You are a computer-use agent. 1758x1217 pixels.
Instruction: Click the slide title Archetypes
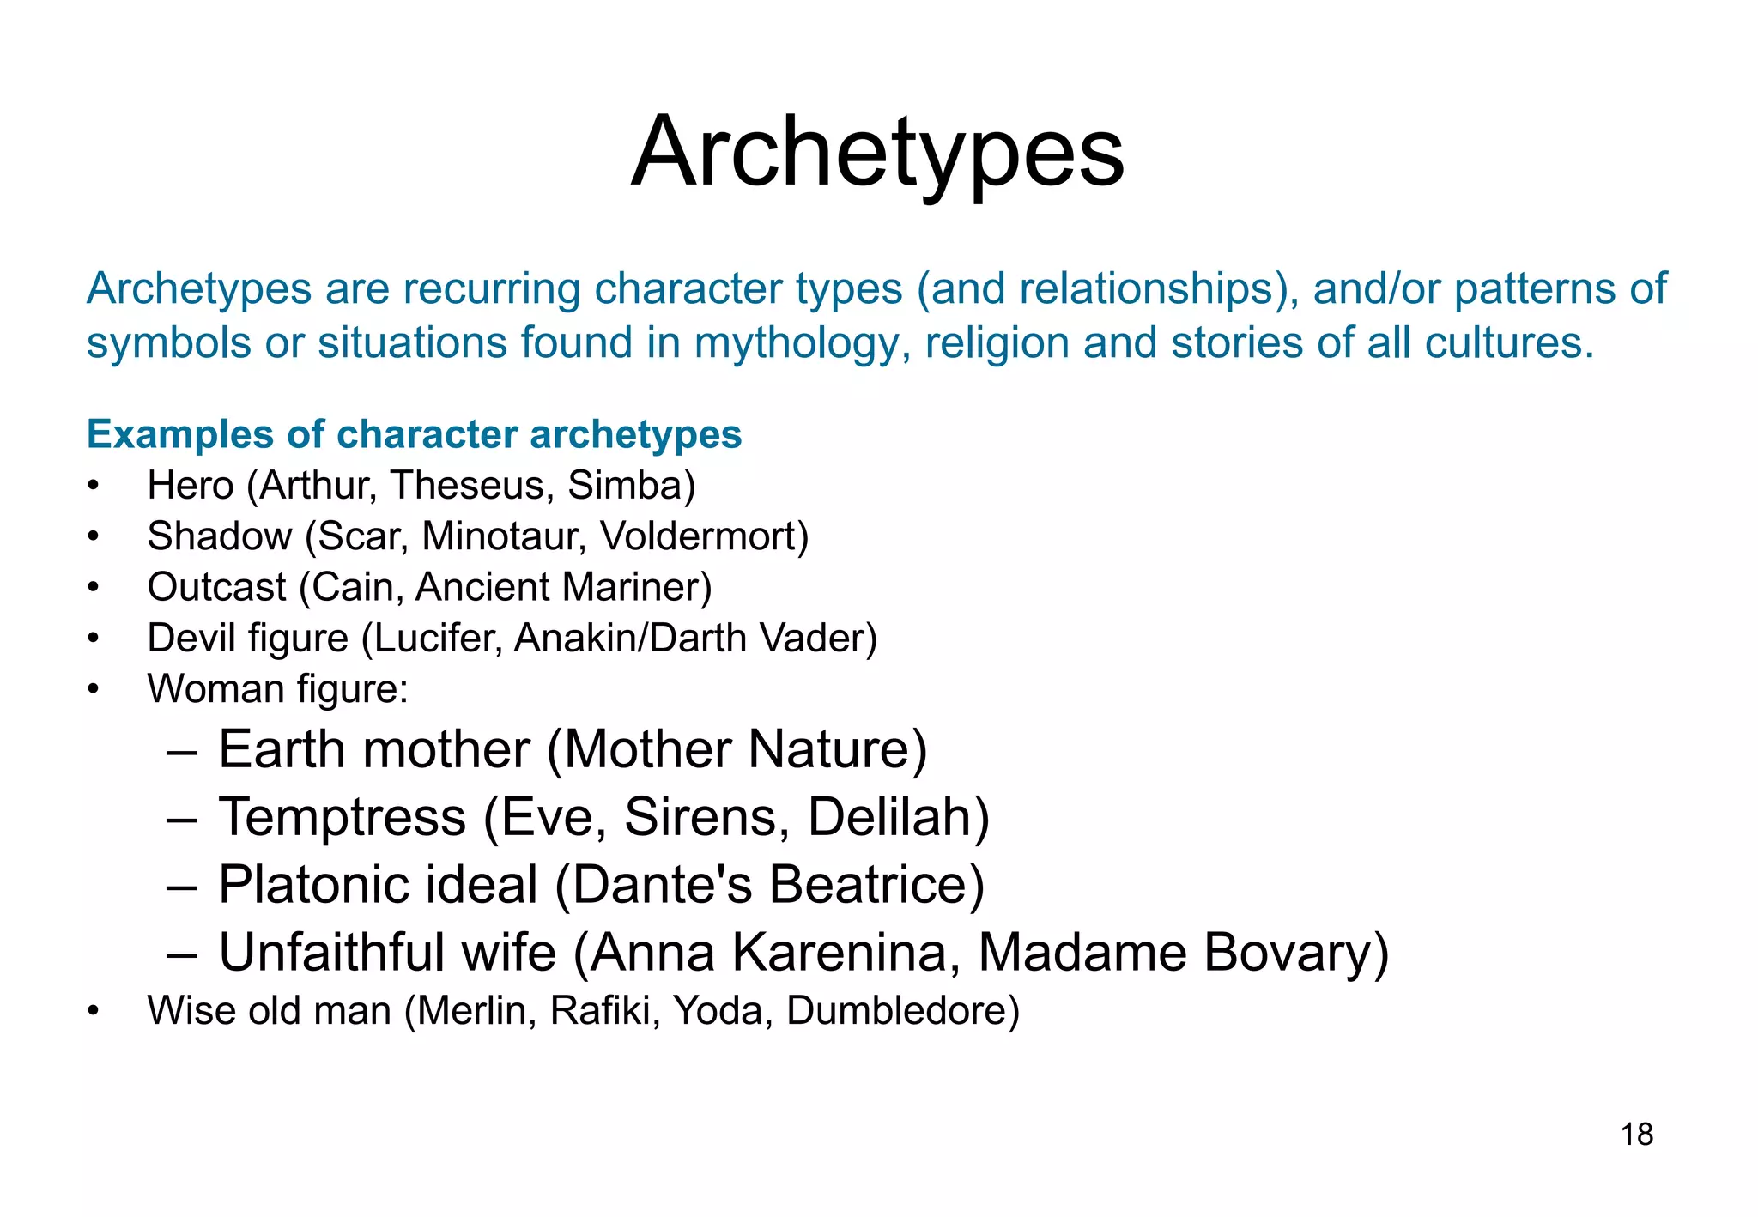point(877,153)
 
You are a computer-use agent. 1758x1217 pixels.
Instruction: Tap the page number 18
point(1636,1135)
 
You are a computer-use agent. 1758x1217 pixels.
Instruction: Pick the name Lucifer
point(436,639)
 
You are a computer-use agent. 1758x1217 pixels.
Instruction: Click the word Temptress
point(342,817)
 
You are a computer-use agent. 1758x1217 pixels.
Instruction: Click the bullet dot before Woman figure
point(94,689)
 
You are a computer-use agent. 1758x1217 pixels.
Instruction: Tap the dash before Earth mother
point(181,751)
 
